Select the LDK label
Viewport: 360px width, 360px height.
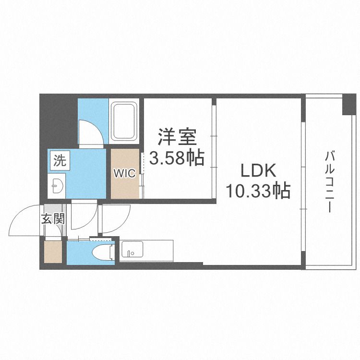pos(257,171)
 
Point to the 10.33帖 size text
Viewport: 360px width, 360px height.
pos(258,192)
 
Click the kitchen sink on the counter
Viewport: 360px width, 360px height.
pos(131,250)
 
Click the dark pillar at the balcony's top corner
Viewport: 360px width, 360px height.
pos(348,105)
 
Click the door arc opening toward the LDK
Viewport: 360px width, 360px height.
pos(111,218)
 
